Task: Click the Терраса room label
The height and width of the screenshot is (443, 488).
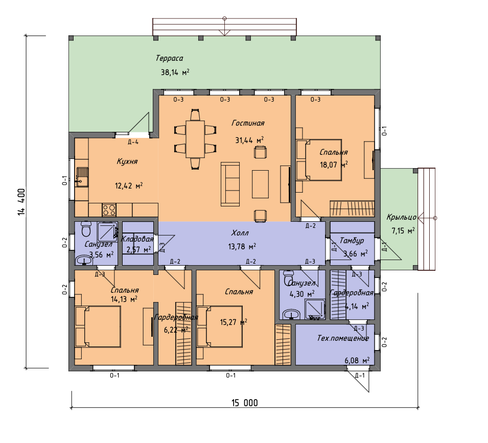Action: click(x=169, y=58)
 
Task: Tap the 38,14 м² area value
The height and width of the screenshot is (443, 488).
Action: click(x=175, y=72)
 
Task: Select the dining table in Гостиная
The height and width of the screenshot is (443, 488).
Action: click(x=195, y=139)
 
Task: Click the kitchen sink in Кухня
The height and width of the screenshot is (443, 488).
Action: click(x=82, y=177)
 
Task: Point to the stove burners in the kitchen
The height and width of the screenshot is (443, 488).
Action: click(x=109, y=209)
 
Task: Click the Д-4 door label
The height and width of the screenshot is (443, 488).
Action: click(x=133, y=142)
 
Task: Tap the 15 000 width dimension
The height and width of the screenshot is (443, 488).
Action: click(x=245, y=403)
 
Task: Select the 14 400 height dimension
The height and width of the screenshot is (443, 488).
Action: click(x=21, y=202)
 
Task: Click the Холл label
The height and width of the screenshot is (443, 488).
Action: click(x=240, y=232)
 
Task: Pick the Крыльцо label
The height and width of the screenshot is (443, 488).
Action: click(x=402, y=217)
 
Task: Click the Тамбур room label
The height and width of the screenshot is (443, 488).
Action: click(x=352, y=241)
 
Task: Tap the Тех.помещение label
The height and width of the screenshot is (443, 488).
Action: click(x=343, y=338)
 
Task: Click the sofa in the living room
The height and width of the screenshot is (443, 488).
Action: click(x=230, y=184)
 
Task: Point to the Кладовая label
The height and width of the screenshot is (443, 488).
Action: click(x=137, y=239)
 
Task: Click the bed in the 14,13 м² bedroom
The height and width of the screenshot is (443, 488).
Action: click(x=98, y=327)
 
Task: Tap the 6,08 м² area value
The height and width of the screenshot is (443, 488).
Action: click(x=357, y=361)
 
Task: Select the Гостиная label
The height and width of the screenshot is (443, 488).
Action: click(x=248, y=123)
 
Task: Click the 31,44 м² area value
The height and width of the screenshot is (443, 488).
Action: click(x=249, y=141)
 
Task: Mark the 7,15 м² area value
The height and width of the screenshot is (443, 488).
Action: click(x=403, y=230)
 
